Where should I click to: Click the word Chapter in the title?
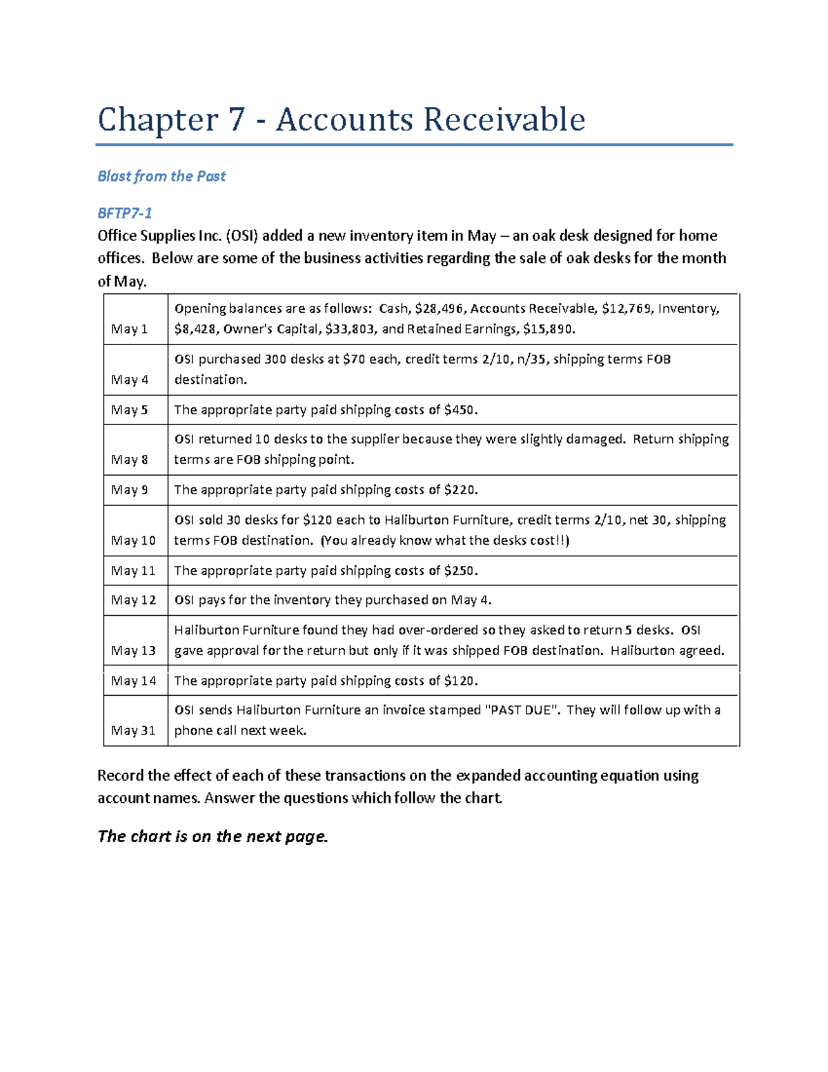coord(157,119)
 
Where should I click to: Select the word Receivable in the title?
coord(504,119)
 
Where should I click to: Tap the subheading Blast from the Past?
coord(161,176)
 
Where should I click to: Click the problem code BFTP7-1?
coord(125,213)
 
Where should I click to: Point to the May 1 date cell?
coord(130,329)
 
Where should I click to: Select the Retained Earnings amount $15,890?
coord(548,329)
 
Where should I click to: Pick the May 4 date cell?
coord(130,380)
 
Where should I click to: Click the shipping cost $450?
coord(460,410)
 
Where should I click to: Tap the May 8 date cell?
coord(130,460)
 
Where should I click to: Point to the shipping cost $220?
coord(460,490)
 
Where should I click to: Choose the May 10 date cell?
coord(133,540)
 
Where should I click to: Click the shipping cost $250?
coord(460,571)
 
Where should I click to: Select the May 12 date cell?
coord(133,601)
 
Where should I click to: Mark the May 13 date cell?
coord(133,651)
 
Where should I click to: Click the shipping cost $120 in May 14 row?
coord(460,681)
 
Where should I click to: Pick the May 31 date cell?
coord(133,730)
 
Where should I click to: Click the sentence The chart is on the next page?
coord(213,837)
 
